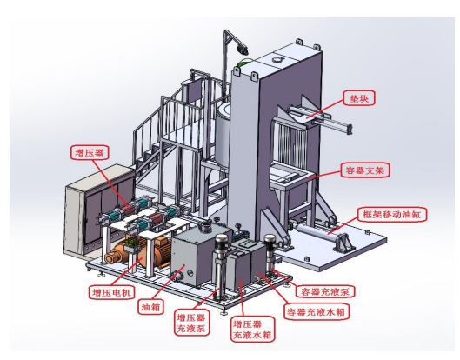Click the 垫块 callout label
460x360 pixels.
(359, 98)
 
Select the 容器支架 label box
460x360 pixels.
(365, 170)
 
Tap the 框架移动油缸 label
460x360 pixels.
(391, 215)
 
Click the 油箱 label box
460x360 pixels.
(150, 307)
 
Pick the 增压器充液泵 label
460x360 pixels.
(191, 323)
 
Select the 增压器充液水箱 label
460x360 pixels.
(252, 329)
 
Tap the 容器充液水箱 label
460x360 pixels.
(317, 311)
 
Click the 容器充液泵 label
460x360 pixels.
(325, 291)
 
